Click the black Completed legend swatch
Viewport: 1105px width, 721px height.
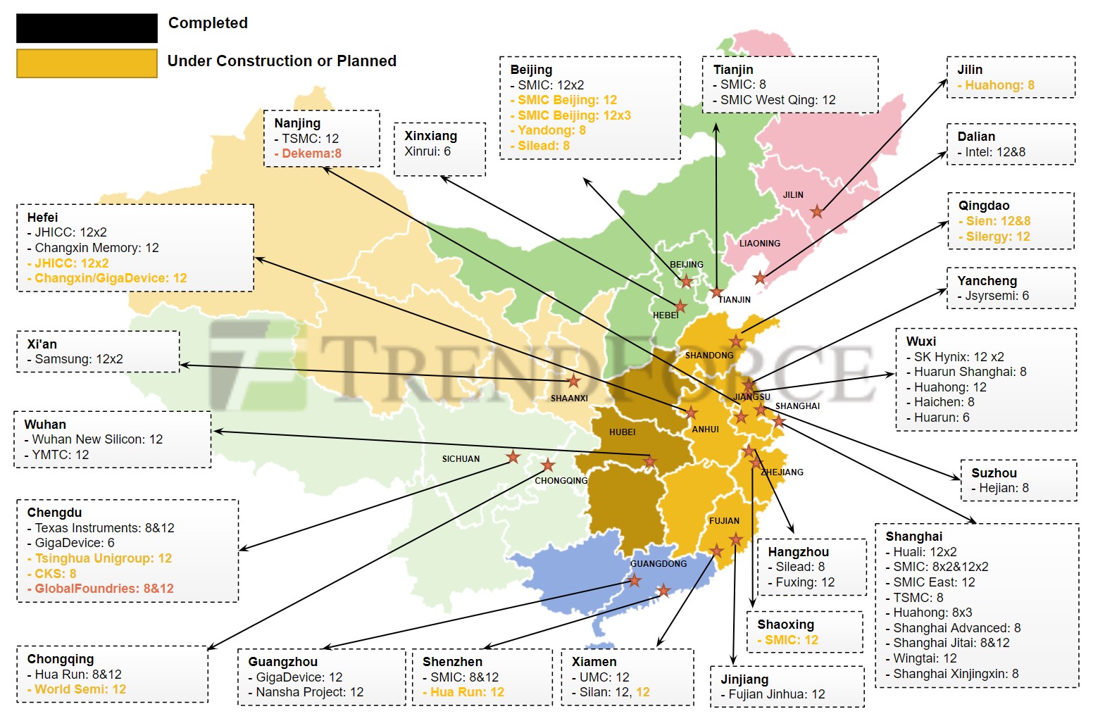(x=87, y=28)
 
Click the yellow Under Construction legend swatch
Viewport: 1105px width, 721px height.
(x=87, y=63)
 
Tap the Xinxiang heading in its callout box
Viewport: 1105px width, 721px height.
(x=430, y=136)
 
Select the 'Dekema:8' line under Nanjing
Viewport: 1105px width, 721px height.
(x=311, y=153)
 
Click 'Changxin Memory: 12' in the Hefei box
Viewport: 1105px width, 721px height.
(x=96, y=248)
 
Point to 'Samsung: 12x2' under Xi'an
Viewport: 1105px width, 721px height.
(x=78, y=359)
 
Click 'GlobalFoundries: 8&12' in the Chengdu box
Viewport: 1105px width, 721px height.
(x=104, y=589)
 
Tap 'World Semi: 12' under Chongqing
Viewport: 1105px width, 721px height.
(x=80, y=689)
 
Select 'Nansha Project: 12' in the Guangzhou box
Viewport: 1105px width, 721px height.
(x=309, y=692)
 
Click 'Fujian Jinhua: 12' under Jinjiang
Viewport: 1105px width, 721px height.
(x=776, y=694)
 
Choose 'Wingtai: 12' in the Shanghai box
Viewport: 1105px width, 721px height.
(x=925, y=658)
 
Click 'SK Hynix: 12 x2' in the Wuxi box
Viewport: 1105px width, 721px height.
(x=959, y=357)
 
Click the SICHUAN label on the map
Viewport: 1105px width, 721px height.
(x=461, y=459)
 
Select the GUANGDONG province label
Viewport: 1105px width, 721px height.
(x=658, y=564)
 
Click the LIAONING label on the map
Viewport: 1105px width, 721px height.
(x=759, y=244)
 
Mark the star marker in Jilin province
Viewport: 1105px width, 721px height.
(x=816, y=211)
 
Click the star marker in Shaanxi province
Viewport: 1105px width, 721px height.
(x=574, y=381)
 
